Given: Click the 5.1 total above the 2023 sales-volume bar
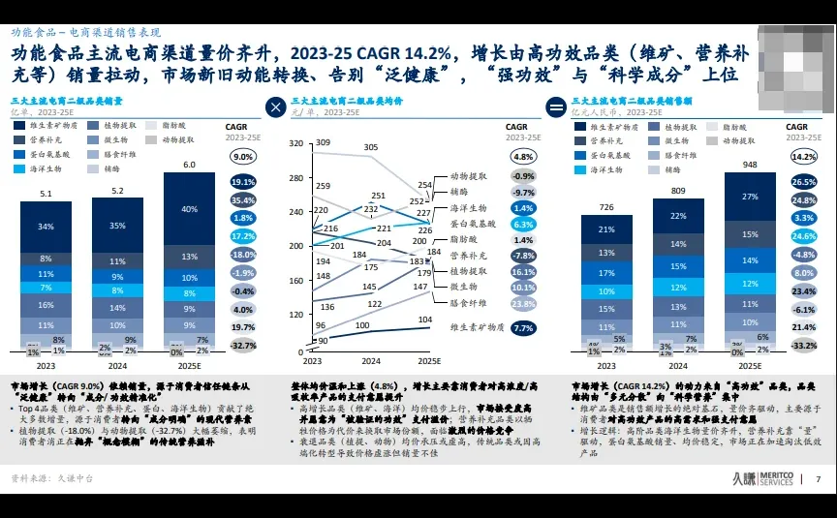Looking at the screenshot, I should pos(46,194).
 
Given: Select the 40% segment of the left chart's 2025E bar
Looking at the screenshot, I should pos(190,209).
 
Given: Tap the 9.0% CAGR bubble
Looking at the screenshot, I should pos(243,156).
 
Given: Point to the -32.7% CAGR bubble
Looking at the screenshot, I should pos(243,345).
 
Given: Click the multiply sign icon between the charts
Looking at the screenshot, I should pos(276,107).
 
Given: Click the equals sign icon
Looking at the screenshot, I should pos(556,107).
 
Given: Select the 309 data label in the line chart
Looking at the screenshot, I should pos(323,143).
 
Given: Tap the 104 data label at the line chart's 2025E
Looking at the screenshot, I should pos(424,320).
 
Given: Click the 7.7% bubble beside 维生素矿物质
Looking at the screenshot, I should pos(524,328).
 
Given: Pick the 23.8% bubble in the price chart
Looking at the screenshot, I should pos(524,303).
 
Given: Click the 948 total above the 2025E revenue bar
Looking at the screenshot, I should pos(750,164).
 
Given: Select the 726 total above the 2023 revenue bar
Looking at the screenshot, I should pos(606,207).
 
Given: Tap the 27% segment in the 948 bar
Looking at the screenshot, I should pos(750,197).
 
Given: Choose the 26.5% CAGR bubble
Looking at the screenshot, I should pos(804,182).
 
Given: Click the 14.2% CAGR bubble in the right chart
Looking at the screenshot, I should pos(804,156).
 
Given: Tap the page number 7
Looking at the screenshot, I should pos(818,478).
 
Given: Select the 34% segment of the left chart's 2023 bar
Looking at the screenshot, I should pos(46,227).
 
